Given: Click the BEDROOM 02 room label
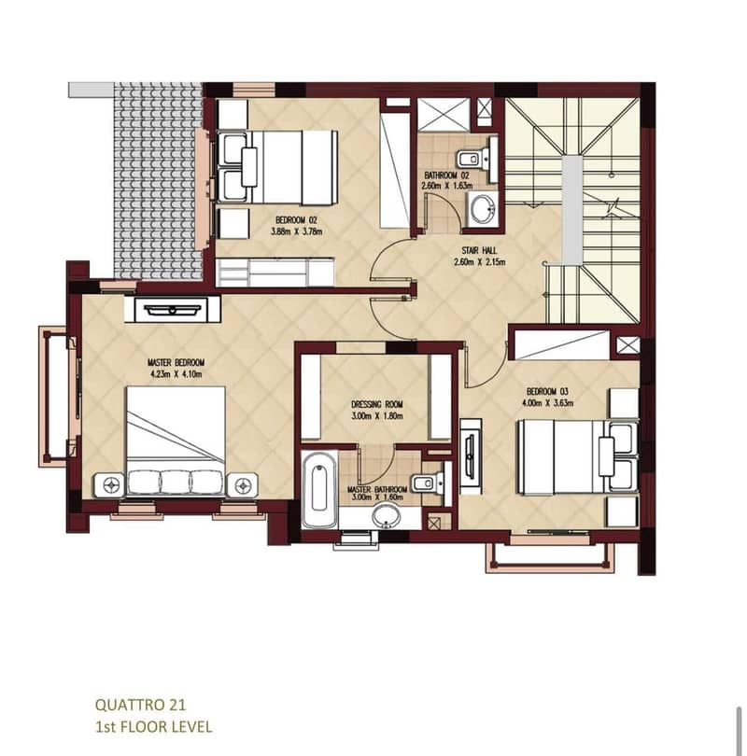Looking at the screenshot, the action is point(296,220).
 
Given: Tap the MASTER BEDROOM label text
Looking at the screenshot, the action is point(176,362).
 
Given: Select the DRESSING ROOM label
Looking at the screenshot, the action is point(376,404).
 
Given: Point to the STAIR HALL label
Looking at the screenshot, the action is point(479,251).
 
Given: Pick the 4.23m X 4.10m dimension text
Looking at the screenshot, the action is point(176,374).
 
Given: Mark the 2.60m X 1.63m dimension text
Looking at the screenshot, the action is point(446,186).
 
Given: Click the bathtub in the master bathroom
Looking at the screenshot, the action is point(319,489).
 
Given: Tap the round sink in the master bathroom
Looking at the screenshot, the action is point(386,516).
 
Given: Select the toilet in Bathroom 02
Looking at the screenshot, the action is point(472,158).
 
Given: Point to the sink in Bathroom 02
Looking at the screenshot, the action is point(482,209).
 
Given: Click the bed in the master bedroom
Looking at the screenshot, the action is point(176,441).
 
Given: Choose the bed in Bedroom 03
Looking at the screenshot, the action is point(578,457).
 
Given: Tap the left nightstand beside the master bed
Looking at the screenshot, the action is point(110,485).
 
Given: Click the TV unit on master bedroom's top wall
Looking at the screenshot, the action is point(172,309).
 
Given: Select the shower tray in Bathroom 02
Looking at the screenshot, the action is point(444,114).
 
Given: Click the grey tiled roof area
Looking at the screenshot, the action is point(158,181).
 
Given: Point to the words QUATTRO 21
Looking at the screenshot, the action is point(140,705).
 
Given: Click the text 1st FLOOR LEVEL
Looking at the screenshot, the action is point(154,726).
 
